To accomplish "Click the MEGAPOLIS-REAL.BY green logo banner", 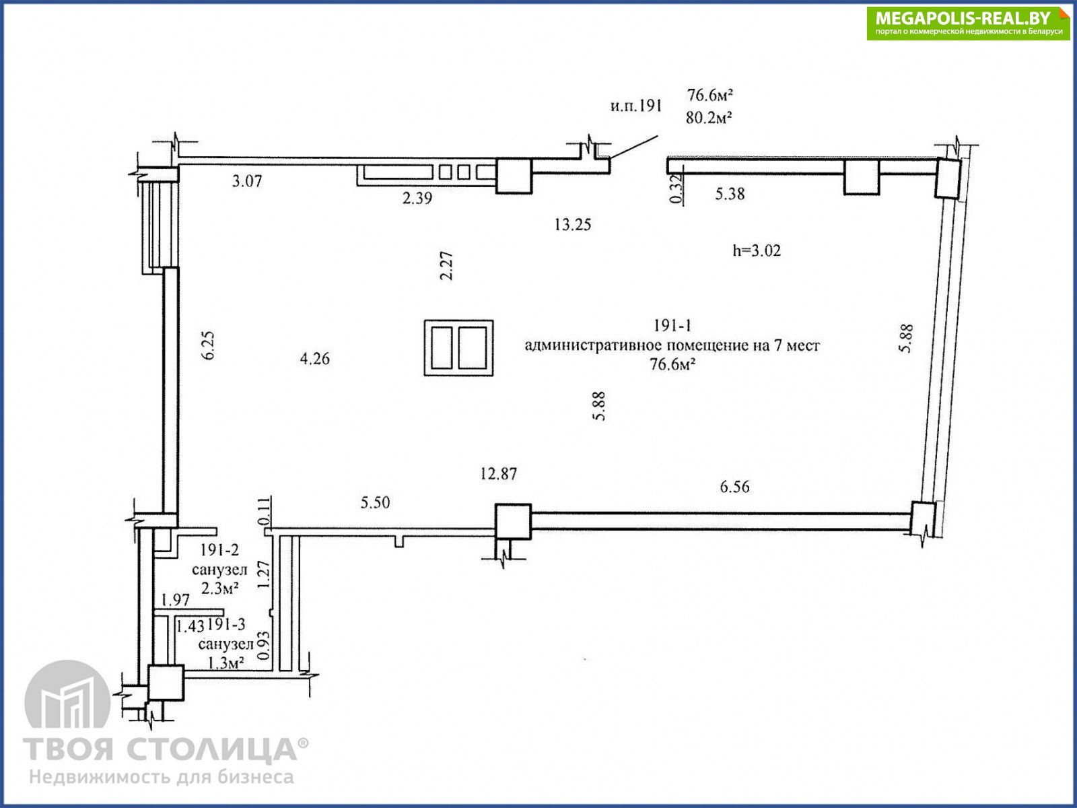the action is [x=968, y=24].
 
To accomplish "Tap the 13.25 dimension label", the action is [x=573, y=225].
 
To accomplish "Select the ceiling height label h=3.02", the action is [x=757, y=250].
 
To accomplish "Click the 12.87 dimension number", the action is [x=499, y=473].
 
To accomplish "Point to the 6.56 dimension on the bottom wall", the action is [x=734, y=487].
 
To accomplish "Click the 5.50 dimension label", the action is [x=376, y=502].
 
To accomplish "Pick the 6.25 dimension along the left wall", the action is [x=209, y=346].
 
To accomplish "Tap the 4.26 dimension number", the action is [x=314, y=359].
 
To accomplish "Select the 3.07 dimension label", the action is [x=247, y=181].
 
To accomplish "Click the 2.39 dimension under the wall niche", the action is [x=417, y=198].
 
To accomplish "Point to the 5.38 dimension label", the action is [x=730, y=194].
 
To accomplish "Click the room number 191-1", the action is [x=672, y=325].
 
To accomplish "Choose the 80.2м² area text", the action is [x=709, y=118].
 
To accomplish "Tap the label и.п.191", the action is [x=636, y=106].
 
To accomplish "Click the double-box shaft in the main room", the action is [x=459, y=348].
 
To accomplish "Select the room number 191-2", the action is [x=219, y=550].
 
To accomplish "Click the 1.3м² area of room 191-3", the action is [x=225, y=663].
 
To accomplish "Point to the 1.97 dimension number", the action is [x=175, y=599].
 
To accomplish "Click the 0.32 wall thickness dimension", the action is [x=676, y=189].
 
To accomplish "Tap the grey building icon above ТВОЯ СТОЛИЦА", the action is [x=68, y=694].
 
